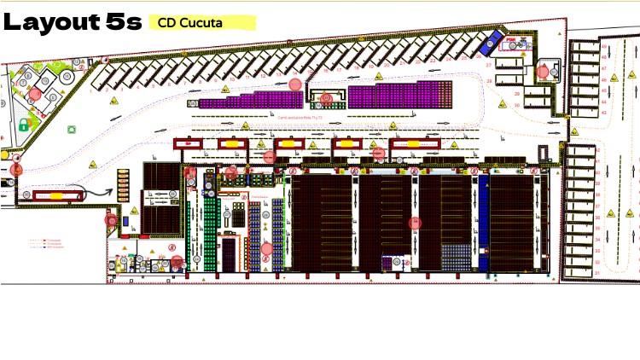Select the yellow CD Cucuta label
189,23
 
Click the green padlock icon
24,125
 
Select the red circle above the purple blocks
295,84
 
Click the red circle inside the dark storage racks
416,223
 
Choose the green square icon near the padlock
72,131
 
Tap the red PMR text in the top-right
510,40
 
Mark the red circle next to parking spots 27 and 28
543,72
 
